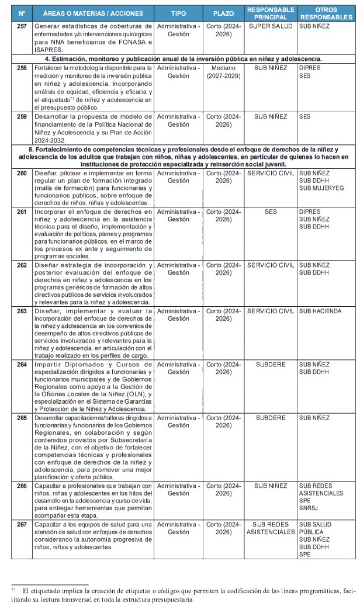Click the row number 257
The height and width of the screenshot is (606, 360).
(x=22, y=27)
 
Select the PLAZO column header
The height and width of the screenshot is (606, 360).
(x=224, y=13)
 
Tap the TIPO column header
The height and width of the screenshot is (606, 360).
(x=178, y=13)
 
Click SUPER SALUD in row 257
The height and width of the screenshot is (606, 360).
(x=271, y=27)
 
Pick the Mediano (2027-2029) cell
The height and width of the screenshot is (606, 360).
(x=224, y=72)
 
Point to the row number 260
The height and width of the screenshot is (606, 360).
(x=22, y=174)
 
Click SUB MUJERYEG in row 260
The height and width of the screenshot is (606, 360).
(x=321, y=188)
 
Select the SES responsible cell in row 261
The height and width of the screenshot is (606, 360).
(x=271, y=212)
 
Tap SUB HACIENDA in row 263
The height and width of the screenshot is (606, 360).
(x=320, y=311)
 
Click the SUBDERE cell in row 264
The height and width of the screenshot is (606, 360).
(x=271, y=365)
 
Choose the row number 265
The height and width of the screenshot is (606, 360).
(x=22, y=418)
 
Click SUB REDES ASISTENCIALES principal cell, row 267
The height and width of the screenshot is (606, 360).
(x=271, y=528)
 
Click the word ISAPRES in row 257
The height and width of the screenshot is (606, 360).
(x=49, y=50)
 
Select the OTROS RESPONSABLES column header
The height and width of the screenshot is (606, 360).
(x=326, y=13)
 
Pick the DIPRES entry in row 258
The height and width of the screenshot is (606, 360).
(x=309, y=68)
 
